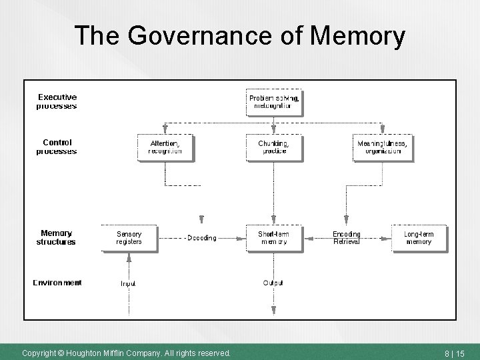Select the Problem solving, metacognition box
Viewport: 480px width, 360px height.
[273, 101]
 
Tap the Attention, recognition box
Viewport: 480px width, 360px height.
[164, 147]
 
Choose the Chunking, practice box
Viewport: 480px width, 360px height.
[273, 147]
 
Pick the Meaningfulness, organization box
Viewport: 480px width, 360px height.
[382, 147]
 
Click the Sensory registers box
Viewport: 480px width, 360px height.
[129, 238]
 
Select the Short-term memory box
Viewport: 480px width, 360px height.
[273, 238]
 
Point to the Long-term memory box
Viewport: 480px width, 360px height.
[419, 238]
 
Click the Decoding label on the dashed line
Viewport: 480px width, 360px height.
[201, 238]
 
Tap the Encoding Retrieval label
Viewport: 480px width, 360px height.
[347, 238]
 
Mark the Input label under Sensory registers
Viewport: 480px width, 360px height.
[128, 283]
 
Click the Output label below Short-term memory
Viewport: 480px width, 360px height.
[273, 283]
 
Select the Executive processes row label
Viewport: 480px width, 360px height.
[57, 101]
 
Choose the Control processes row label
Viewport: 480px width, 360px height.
[57, 147]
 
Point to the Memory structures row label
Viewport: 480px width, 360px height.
[57, 237]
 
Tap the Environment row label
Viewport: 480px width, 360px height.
[57, 283]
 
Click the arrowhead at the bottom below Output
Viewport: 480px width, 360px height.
[273, 309]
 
